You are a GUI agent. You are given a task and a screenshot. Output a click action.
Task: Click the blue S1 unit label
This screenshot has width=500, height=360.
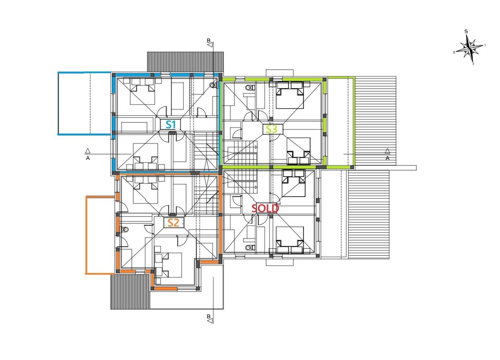pos(171,124)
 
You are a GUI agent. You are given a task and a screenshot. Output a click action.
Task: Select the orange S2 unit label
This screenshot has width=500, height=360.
pos(173,222)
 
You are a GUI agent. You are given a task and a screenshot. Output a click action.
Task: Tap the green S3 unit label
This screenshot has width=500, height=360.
pos(271,129)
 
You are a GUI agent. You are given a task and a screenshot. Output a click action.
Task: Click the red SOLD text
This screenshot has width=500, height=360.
pos(265,208)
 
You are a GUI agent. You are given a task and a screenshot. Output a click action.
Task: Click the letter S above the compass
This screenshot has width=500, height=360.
pos(466,31)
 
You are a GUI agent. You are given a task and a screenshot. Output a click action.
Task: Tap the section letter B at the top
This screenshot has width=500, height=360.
pos(208,40)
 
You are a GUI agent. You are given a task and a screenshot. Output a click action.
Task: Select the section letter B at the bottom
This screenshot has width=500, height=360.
pos(208,317)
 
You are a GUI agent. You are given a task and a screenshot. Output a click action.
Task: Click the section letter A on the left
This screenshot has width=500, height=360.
pos(88,158)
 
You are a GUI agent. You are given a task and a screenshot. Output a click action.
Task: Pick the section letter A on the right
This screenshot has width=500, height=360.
pos(388,158)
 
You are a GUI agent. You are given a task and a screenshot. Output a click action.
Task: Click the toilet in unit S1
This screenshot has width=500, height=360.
pos(213,85)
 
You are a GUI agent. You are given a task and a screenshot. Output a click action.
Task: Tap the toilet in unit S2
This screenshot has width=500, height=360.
pos(125,229)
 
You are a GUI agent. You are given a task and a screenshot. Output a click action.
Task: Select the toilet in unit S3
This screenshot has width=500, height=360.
pos(249,87)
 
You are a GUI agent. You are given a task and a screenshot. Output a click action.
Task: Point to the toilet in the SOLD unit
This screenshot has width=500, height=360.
pos(249,247)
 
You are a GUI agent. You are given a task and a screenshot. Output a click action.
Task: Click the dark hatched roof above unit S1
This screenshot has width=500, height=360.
pos(185,62)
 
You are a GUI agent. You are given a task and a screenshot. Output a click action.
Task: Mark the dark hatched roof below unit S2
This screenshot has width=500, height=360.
pos(130,291)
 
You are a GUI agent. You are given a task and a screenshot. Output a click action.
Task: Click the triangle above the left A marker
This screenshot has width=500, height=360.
pos(88,151)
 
